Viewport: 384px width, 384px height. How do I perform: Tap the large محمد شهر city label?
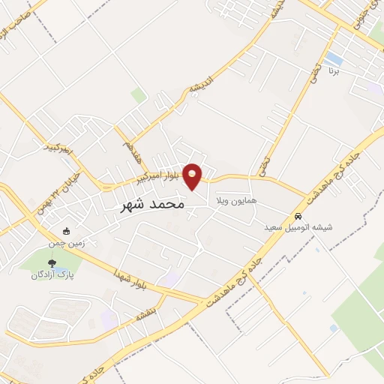(152, 204)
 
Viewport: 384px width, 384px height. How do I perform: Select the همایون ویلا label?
(236, 202)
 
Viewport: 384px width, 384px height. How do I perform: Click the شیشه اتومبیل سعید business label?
(300, 226)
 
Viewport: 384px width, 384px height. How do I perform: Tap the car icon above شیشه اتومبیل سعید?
(299, 215)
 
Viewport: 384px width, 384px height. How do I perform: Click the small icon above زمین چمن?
(66, 231)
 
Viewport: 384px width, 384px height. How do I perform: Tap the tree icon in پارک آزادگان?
(52, 262)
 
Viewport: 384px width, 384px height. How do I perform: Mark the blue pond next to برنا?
(334, 58)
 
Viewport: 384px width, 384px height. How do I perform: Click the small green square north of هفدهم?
(139, 95)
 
